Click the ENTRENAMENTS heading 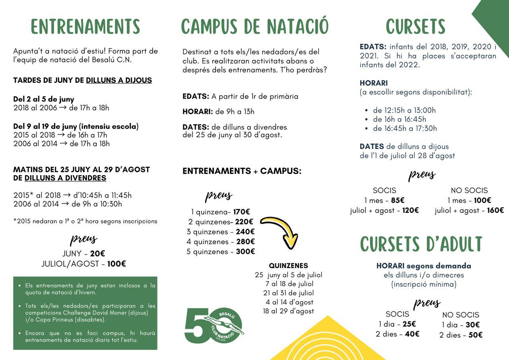coord(85,27)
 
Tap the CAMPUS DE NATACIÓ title coord(254,27)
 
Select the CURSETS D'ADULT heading coord(421,244)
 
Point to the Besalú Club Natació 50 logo coord(214,325)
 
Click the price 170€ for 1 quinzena coord(242,212)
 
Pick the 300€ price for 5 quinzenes coord(245,251)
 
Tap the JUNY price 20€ coord(97,254)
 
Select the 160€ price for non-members coord(495,210)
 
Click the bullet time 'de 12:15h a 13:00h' coord(404,110)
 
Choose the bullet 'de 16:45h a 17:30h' coord(405,128)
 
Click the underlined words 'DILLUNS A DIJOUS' coord(119,80)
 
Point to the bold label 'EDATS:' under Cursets coord(373,47)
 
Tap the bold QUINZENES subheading coord(288,266)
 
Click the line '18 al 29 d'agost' coord(288,311)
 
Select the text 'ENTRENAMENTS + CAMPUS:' coord(242,171)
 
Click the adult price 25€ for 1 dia coord(409,324)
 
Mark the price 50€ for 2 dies coord(475,335)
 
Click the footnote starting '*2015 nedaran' coord(85,221)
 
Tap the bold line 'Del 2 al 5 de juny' coord(44,99)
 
